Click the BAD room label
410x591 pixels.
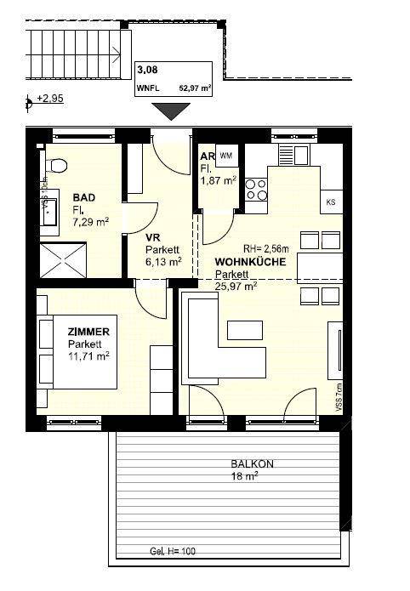click(x=83, y=197)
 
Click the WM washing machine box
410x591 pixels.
click(x=225, y=156)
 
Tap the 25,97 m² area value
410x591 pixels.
click(x=236, y=287)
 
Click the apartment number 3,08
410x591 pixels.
click(x=147, y=71)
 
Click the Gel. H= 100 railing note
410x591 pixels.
click(x=172, y=552)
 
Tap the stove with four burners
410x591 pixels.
click(x=255, y=189)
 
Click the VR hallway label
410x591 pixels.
click(x=153, y=238)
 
